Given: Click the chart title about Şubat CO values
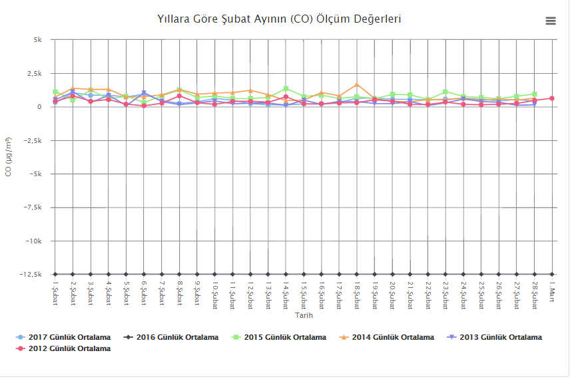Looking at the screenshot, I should pos(279,19).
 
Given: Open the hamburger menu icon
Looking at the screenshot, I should pos(551,21).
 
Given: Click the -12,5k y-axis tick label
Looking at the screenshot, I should pos(31,275).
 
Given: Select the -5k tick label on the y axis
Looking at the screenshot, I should pos(35,174).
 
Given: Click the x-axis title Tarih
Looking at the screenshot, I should pos(304,315).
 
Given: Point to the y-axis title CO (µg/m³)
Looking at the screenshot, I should pos(9,157).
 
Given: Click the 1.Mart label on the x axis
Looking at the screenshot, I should pos(552,291).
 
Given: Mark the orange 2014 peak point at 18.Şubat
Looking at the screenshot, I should pos(357,84).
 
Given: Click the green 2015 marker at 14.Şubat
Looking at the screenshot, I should pos(286,88).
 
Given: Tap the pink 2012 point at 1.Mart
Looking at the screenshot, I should pos(552,98).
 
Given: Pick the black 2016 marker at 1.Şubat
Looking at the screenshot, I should pos(55,274).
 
